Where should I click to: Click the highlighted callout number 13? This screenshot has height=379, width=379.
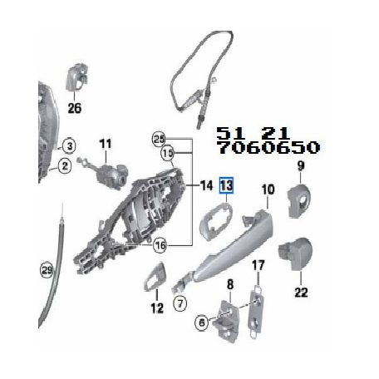[x=226, y=185]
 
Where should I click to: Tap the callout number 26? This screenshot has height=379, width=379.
[x=75, y=108]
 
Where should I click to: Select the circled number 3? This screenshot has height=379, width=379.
[x=69, y=145]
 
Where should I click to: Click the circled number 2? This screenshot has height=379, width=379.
[x=65, y=166]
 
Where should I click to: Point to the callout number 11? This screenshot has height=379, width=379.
[x=106, y=144]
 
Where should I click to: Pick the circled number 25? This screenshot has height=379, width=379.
[x=160, y=139]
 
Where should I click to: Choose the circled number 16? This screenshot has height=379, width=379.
[x=160, y=245]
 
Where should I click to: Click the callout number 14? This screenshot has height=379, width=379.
[x=206, y=185]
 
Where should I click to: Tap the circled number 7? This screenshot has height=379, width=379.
[x=180, y=303]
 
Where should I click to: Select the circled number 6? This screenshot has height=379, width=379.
[x=202, y=322]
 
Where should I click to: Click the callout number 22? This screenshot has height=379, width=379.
[x=301, y=292]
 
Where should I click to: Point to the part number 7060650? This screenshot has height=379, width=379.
[x=268, y=147]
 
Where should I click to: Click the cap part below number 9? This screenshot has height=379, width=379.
[x=299, y=200]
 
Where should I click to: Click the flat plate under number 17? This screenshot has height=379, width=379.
[x=257, y=313]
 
